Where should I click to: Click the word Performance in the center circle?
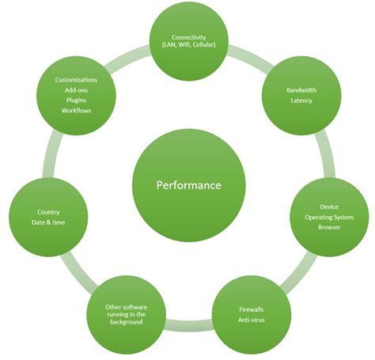188,185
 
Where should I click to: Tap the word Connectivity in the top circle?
188,36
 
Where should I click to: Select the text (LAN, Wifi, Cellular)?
188,46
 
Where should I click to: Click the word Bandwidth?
301,90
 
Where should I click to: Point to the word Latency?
301,100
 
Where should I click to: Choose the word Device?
328,207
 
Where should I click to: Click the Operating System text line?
328,217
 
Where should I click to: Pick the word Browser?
328,227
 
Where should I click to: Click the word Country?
48,212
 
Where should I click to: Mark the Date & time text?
48,222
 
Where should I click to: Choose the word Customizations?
77,80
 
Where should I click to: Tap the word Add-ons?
77,90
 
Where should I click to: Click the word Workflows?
77,110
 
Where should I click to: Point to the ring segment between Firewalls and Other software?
188,324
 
